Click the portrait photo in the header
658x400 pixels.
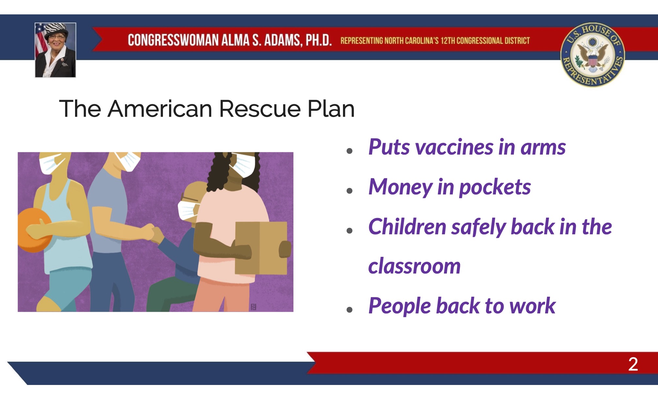pyautogui.click(x=55, y=50)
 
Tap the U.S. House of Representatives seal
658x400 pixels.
pyautogui.click(x=592, y=55)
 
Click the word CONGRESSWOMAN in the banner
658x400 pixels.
pyautogui.click(x=173, y=40)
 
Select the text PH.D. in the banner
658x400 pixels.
pyautogui.click(x=319, y=40)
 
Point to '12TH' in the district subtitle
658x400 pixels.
pyautogui.click(x=448, y=41)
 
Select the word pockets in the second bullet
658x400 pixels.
pyautogui.click(x=495, y=187)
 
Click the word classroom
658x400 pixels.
pyautogui.click(x=414, y=266)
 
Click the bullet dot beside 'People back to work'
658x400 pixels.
pyautogui.click(x=350, y=309)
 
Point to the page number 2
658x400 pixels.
pyautogui.click(x=633, y=364)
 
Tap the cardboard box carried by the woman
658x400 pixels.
pyautogui.click(x=261, y=248)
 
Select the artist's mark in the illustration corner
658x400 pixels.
pyautogui.click(x=253, y=307)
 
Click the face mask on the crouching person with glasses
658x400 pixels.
pyautogui.click(x=188, y=210)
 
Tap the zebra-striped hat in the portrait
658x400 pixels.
pyautogui.click(x=56, y=29)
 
